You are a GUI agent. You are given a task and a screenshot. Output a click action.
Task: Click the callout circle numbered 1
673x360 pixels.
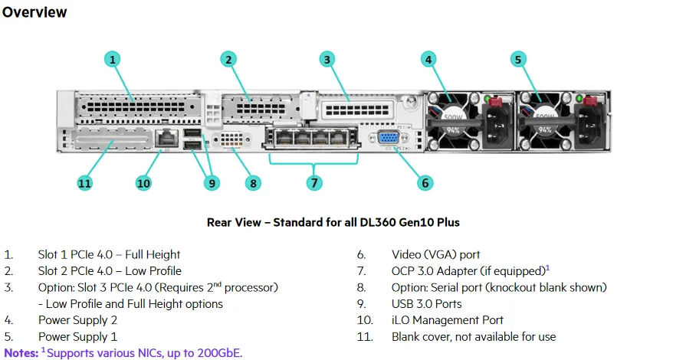coord(113,60)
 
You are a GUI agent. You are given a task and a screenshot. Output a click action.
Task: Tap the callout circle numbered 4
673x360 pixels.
coord(428,60)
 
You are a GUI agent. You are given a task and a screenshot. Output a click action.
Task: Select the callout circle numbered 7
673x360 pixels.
coord(313,182)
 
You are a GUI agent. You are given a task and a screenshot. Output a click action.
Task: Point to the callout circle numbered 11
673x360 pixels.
coord(85,182)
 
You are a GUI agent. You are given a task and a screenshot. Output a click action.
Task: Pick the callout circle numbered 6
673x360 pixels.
coord(425,182)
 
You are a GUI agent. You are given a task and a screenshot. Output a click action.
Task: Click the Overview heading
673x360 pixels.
coord(34,12)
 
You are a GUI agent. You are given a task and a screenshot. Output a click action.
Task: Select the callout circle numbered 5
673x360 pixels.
coord(518,60)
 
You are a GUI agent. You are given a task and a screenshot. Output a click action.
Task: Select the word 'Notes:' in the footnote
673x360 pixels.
coord(21,352)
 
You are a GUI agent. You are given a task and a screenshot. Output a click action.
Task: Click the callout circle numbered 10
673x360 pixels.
coord(143,182)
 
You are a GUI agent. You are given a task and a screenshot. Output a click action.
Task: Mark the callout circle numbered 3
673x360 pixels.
coord(327,60)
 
